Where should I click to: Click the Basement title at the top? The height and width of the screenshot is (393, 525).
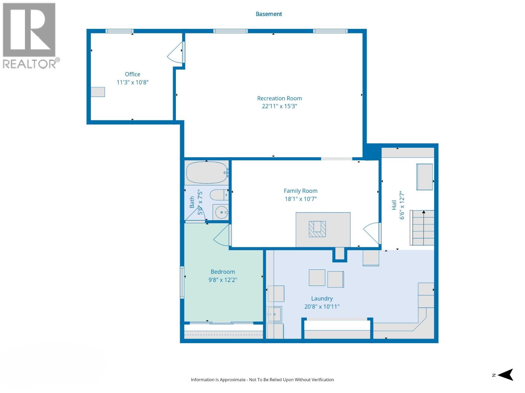(x=268, y=14)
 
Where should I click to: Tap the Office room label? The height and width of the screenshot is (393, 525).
(x=132, y=74)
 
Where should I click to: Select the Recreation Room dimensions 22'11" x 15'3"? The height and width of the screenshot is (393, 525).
(x=279, y=106)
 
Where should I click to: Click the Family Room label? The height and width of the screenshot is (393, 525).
(x=300, y=191)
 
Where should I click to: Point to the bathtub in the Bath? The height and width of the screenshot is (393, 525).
(x=206, y=173)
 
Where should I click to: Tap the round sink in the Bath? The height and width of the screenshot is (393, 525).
(x=221, y=212)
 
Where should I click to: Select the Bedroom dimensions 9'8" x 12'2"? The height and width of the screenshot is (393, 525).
(x=222, y=280)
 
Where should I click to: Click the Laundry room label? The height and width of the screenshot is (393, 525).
(x=322, y=299)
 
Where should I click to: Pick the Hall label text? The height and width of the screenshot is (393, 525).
(x=394, y=205)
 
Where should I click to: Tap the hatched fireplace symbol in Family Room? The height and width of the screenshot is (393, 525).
(x=317, y=229)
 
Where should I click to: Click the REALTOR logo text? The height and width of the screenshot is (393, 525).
(x=30, y=64)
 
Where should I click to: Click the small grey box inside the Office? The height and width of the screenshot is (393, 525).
(x=98, y=92)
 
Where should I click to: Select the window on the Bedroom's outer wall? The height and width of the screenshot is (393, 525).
(x=182, y=282)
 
